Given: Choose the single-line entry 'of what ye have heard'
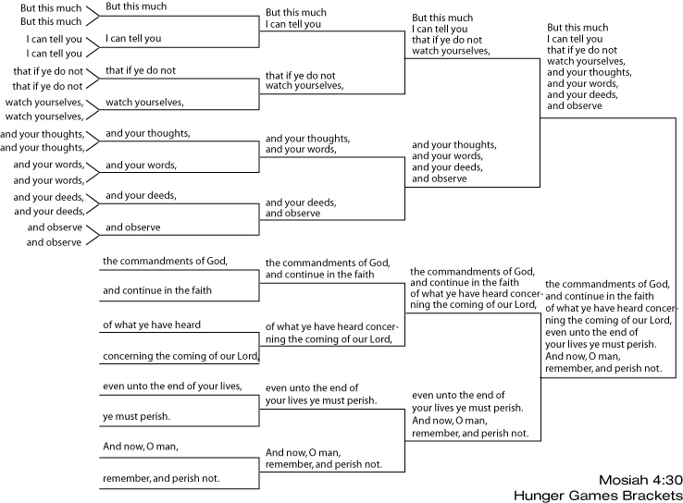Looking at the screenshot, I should [x=151, y=325].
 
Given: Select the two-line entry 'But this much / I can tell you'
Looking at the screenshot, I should [x=293, y=19].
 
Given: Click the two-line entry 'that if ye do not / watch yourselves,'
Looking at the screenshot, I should [x=304, y=79].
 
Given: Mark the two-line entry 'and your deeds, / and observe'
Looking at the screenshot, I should [x=300, y=207].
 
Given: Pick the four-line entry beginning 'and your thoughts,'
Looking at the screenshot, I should [x=453, y=161].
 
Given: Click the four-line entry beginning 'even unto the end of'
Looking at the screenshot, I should [x=470, y=412].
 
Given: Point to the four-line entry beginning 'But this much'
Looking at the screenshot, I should [x=450, y=34].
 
